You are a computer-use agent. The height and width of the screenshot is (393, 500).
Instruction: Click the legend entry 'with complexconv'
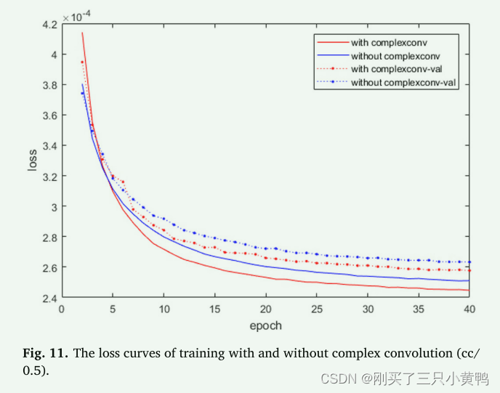coord(388,43)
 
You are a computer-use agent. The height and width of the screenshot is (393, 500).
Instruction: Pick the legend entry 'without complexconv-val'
coord(403,83)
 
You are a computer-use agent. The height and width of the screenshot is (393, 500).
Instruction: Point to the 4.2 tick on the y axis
coord(49,24)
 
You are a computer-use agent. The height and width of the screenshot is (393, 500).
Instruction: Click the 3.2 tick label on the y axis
coord(49,177)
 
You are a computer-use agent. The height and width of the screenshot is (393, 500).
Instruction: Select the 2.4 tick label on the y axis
coord(49,298)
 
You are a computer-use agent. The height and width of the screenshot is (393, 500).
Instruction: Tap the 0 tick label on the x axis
coord(62,309)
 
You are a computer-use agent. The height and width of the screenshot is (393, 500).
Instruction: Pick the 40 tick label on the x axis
coord(469,309)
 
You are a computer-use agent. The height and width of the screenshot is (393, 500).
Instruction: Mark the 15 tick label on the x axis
coord(214,309)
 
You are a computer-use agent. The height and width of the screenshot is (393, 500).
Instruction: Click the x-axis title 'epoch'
coord(265,325)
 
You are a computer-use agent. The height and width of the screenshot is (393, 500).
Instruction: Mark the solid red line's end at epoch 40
coord(469,290)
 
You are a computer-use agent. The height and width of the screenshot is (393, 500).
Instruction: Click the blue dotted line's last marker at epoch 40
coord(469,262)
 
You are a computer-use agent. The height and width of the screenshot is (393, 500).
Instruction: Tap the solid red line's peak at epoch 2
coord(82,33)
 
